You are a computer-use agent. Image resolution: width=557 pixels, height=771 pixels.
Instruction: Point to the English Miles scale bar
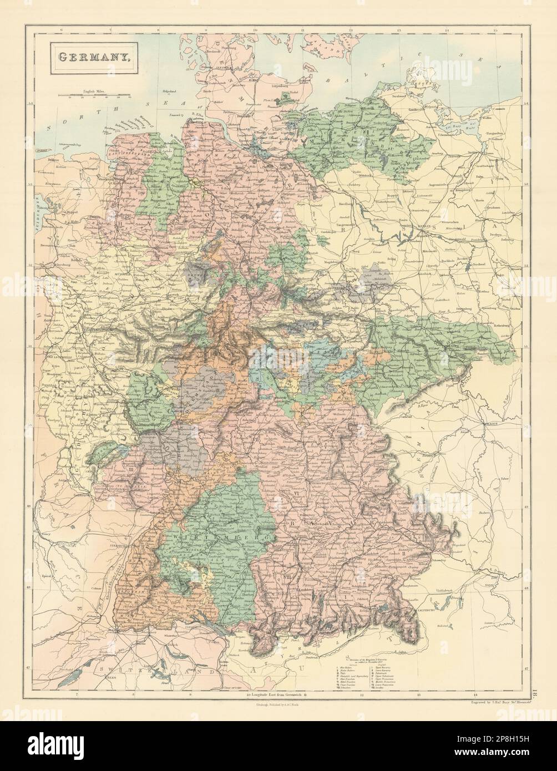[x=95, y=99]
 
